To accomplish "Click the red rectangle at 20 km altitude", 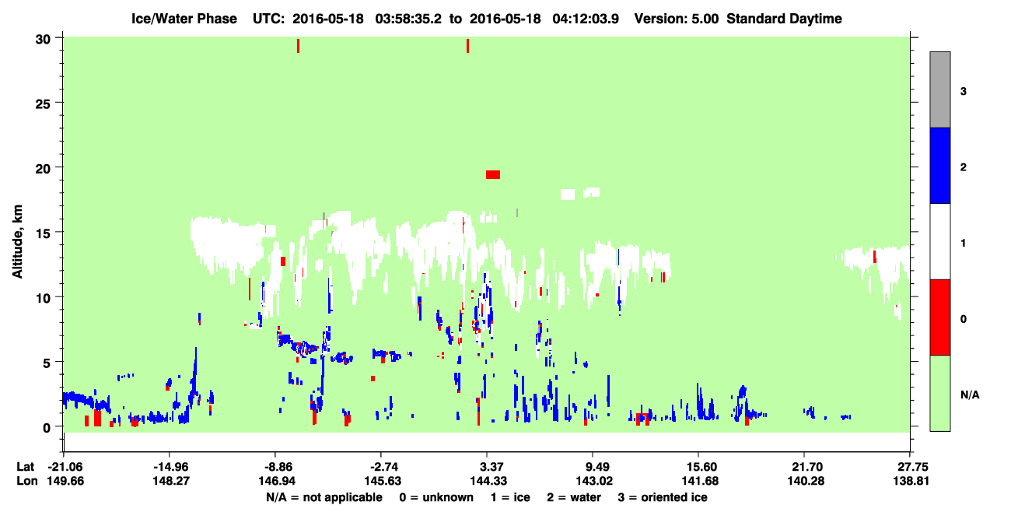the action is coord(493,175).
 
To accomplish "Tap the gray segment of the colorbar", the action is coord(940,89).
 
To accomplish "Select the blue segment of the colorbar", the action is coord(940,165).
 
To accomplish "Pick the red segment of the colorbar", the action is coord(940,317).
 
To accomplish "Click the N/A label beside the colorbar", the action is coord(970,395).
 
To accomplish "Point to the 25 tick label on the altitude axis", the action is coord(43,104).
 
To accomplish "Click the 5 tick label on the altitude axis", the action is coord(47,363).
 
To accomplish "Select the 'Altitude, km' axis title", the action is coord(17,242).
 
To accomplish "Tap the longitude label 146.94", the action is coord(276,481).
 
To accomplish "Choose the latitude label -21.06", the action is coord(66,467).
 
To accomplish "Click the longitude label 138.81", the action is coord(911,481).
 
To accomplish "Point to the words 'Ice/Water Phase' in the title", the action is coord(184,19).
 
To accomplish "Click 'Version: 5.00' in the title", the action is coord(676,19).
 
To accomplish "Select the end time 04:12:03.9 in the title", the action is coord(586,19).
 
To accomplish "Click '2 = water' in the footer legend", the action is coord(574,497).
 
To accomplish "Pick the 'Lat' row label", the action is coord(25,467).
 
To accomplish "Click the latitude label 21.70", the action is coord(806,467).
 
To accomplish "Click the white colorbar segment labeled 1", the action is coord(940,242).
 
